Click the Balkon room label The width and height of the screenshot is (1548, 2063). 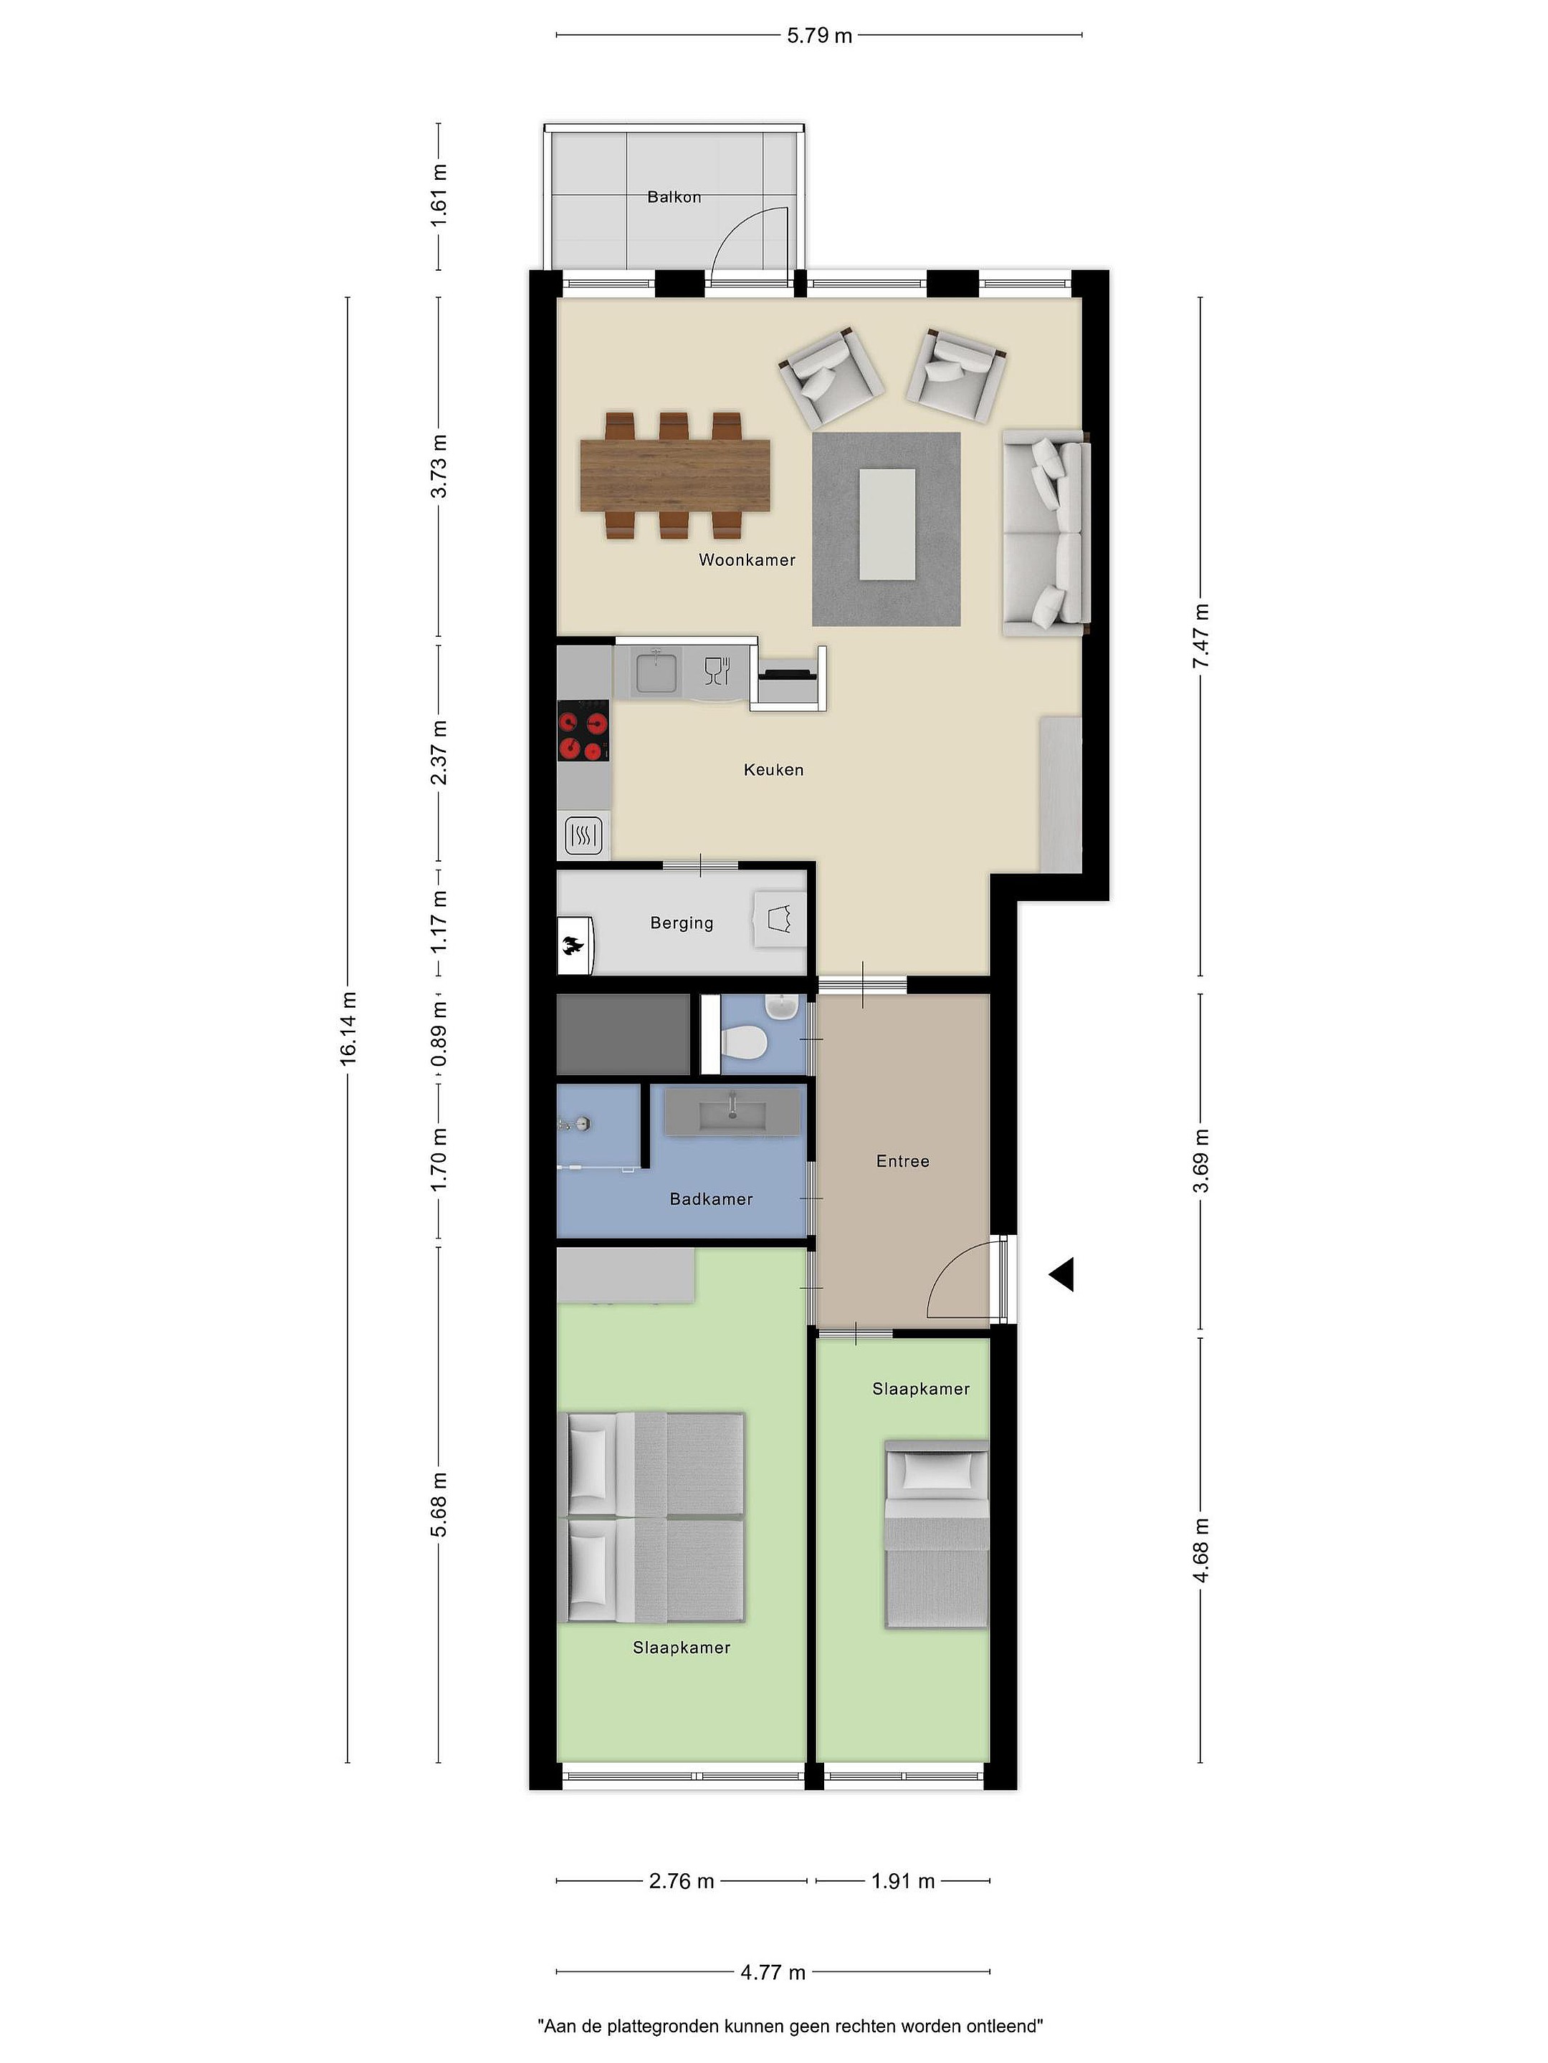[x=674, y=197]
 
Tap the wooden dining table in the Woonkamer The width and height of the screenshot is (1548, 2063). [x=676, y=476]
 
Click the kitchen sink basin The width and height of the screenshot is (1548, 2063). [x=657, y=671]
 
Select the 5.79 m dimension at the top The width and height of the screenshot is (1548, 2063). [x=819, y=35]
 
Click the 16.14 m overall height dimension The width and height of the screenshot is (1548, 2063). [x=348, y=1028]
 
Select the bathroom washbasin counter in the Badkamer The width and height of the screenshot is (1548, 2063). [x=732, y=1112]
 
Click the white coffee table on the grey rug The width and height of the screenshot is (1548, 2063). [x=887, y=524]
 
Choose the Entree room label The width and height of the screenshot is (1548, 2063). [x=902, y=1161]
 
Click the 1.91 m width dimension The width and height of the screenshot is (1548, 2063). [x=902, y=1881]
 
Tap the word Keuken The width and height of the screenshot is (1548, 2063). [x=773, y=769]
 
